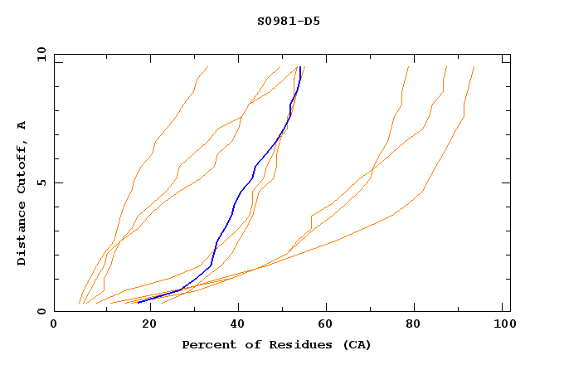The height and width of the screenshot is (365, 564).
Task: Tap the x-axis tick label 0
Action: tap(54, 325)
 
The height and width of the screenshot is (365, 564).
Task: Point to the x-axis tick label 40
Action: tap(237, 325)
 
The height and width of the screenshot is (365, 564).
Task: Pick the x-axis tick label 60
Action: tap(327, 325)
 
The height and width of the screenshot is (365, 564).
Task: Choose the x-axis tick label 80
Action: tap(416, 325)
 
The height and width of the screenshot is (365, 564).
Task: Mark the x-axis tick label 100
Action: tap(503, 325)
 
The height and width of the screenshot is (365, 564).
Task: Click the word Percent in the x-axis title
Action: tap(208, 344)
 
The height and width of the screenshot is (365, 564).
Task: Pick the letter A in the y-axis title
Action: tap(22, 125)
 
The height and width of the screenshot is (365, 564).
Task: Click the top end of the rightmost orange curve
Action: tap(474, 67)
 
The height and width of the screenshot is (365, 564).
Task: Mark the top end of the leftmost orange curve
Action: tap(208, 66)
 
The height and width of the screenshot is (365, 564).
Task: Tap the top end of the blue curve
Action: tap(300, 66)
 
